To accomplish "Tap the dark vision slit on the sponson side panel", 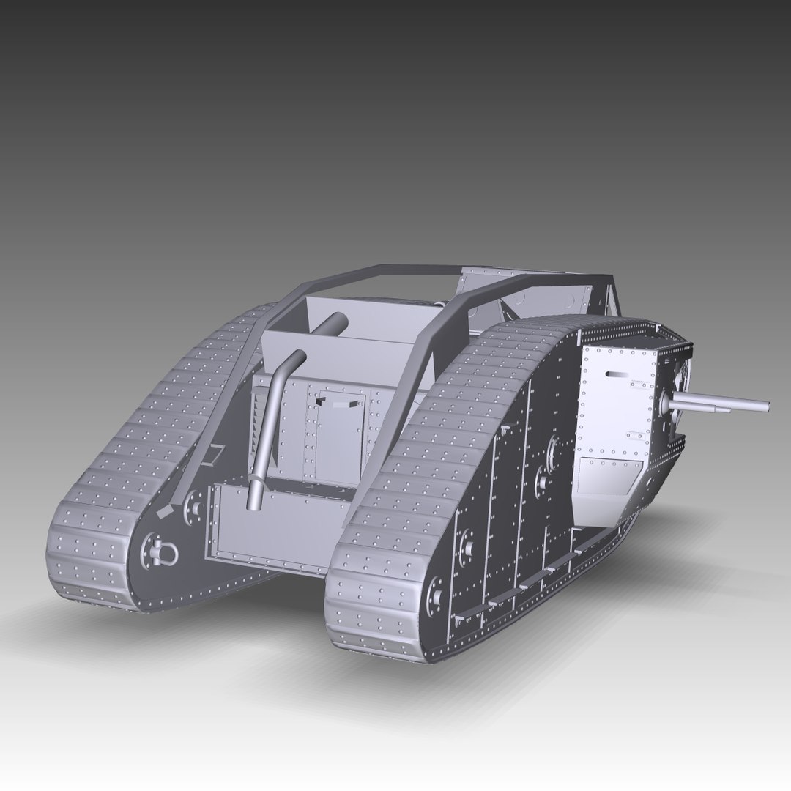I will tap(619, 374).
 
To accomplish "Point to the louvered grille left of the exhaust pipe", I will tap(259, 426).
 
